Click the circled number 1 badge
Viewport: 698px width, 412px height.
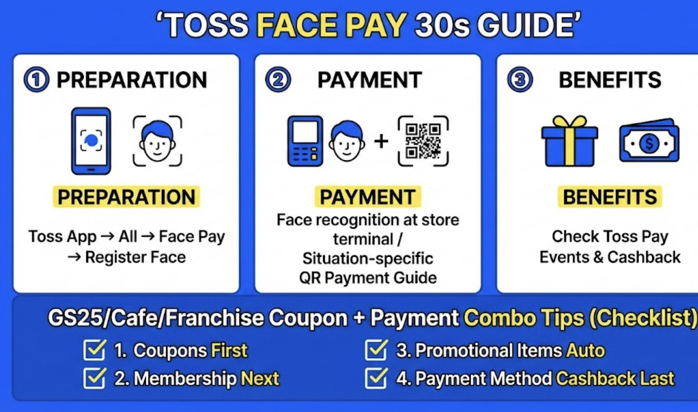37,80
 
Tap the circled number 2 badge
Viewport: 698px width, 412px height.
278,80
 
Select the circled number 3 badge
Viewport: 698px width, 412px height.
520,80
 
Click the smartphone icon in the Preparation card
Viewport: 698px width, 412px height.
91,141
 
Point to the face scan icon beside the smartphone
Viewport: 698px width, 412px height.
157,141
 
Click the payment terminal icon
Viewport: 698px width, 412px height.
305,141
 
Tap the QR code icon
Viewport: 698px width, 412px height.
423,141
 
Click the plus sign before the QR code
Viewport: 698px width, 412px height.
381,142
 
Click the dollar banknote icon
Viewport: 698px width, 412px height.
649,140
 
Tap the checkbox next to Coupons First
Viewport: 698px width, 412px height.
94,350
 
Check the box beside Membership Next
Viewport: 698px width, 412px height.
94,378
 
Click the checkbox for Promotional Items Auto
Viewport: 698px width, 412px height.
376,350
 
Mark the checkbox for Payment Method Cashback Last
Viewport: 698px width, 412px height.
376,378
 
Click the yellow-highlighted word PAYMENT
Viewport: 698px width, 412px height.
368,197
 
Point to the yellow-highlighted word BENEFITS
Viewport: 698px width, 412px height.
610,197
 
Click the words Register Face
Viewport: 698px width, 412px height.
135,257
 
